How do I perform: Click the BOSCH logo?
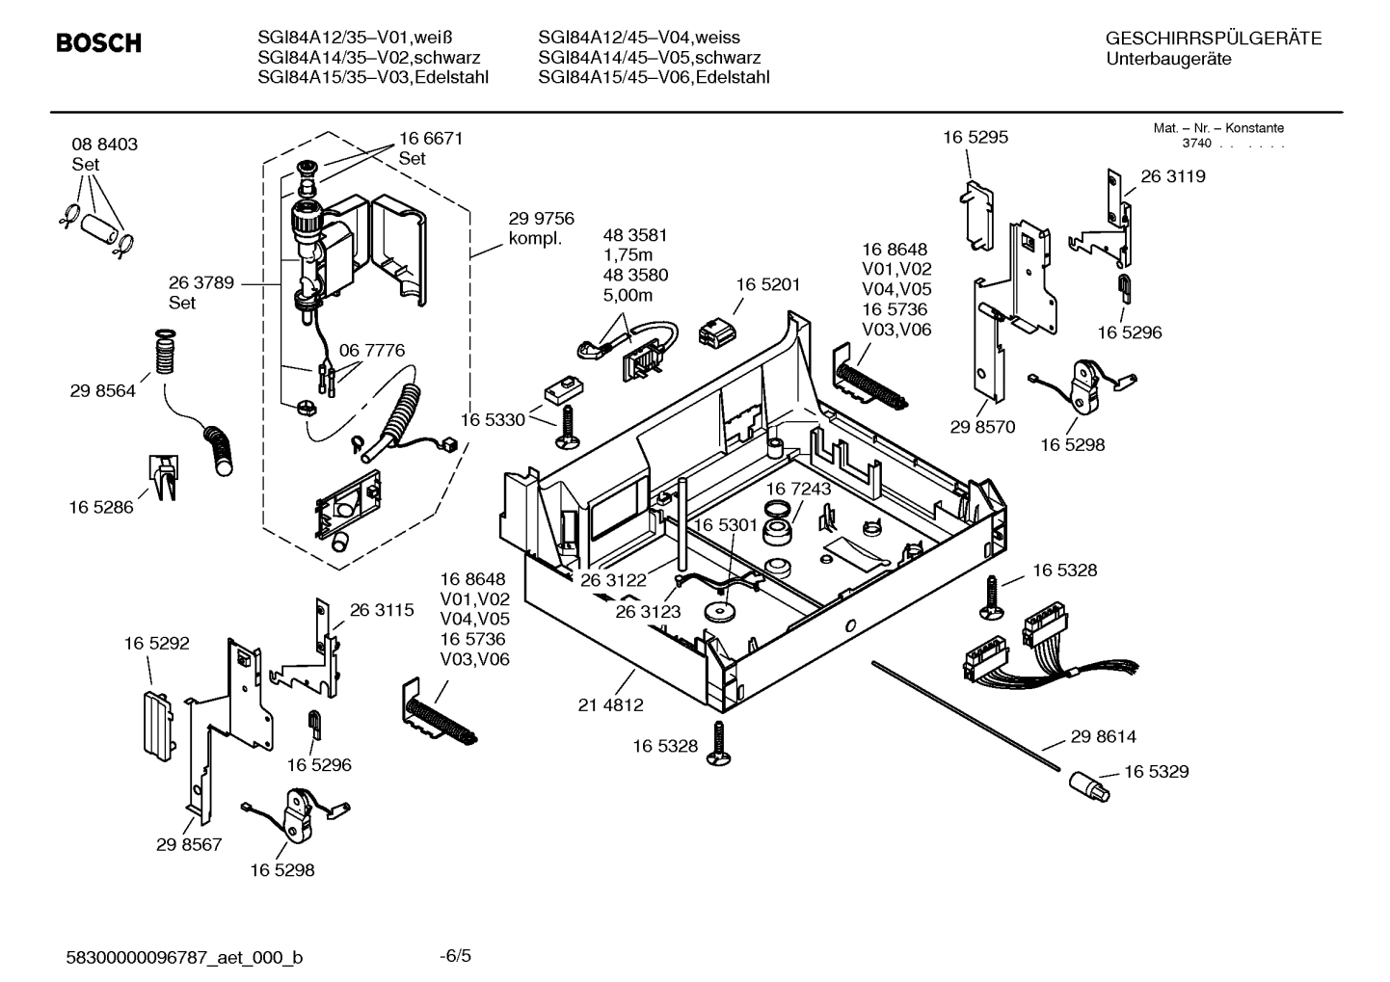[98, 43]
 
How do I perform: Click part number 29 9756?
[541, 219]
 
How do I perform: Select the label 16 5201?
[767, 284]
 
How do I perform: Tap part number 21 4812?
[610, 704]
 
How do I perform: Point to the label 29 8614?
[1103, 736]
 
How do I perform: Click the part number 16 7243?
[798, 489]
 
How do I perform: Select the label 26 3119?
[1172, 176]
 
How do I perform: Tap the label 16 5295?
[975, 137]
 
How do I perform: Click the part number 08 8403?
[104, 144]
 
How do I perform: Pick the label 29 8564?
[102, 390]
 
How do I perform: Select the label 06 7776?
[371, 350]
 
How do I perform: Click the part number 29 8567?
[189, 844]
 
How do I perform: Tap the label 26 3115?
[381, 609]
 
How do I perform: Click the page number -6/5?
[455, 956]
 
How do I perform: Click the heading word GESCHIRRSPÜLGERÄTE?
[1213, 39]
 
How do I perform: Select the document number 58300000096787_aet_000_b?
[184, 957]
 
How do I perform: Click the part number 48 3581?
[634, 234]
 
